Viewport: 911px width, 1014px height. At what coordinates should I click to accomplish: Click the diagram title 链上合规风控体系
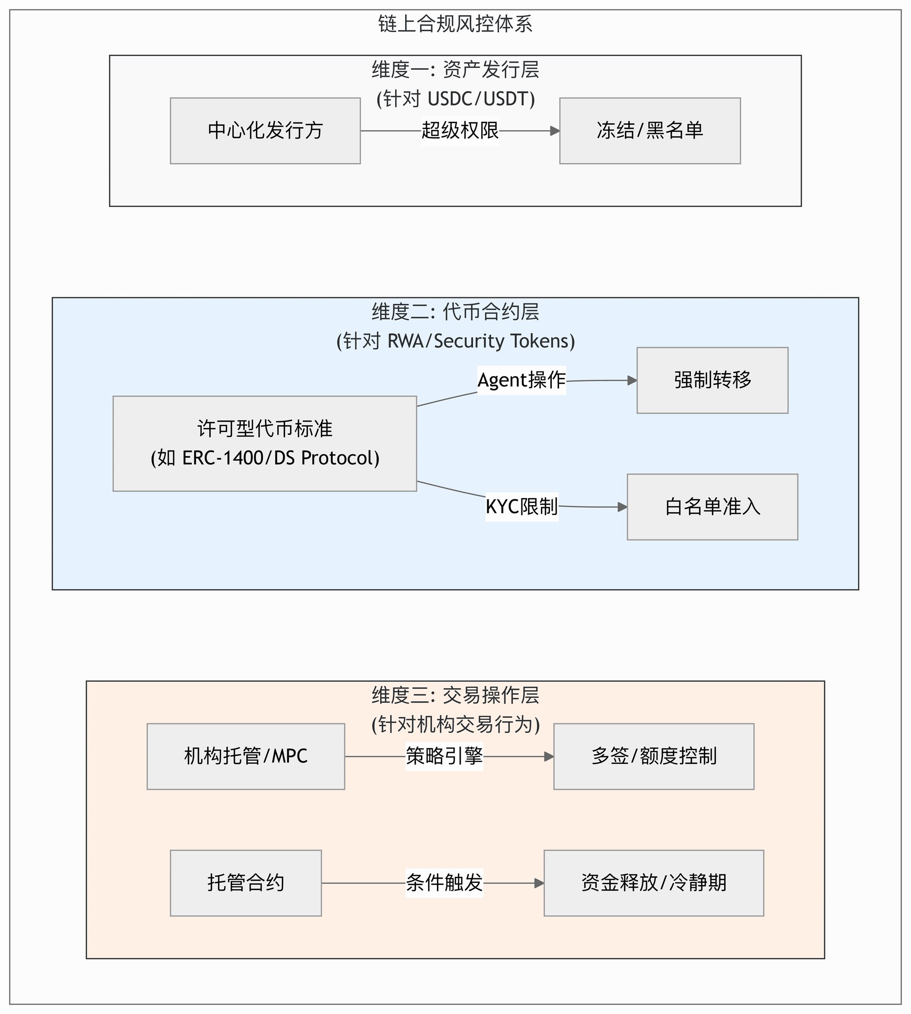455,24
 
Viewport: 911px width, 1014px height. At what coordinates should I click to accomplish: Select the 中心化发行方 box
265,131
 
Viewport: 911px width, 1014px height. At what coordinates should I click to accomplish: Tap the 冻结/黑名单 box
650,131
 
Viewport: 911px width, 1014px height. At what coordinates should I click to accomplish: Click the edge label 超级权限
460,131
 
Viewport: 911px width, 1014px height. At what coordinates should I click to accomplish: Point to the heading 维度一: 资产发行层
455,70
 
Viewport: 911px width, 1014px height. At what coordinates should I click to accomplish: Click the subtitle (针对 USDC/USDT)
455,99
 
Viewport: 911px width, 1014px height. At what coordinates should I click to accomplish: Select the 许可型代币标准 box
265,444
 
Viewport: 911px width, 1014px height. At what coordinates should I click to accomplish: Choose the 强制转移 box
712,380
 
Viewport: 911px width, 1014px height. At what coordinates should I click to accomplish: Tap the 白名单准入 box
712,507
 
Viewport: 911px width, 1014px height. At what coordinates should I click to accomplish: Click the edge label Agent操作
521,380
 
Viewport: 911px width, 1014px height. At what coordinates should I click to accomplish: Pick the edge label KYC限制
521,507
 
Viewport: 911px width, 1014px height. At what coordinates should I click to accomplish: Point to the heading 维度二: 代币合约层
455,312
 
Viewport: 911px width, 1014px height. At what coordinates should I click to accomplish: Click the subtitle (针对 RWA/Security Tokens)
455,341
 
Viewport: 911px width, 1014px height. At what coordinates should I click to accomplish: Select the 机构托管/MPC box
246,756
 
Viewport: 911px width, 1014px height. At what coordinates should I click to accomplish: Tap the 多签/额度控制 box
654,756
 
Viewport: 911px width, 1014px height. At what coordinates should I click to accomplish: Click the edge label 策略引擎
445,756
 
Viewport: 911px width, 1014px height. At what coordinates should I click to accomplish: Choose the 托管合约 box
246,883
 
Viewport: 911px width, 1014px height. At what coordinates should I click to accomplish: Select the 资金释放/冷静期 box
654,883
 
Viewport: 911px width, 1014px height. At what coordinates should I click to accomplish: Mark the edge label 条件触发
445,883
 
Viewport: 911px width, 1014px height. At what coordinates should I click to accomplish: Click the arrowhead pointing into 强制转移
632,381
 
